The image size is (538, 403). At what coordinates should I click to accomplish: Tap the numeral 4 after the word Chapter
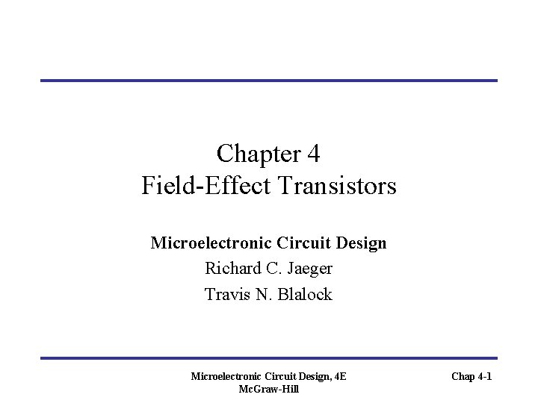pyautogui.click(x=313, y=154)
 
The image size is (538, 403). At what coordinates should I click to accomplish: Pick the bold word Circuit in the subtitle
pyautogui.click(x=300, y=243)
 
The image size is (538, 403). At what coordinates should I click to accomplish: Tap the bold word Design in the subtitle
pyautogui.click(x=362, y=243)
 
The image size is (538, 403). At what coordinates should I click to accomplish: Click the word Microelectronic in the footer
pyautogui.click(x=226, y=377)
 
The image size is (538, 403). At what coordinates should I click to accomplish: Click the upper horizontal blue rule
pyautogui.click(x=268, y=80)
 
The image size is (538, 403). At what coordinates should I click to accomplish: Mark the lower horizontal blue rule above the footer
pyautogui.click(x=268, y=357)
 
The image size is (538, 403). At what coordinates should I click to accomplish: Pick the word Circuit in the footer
pyautogui.click(x=277, y=377)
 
